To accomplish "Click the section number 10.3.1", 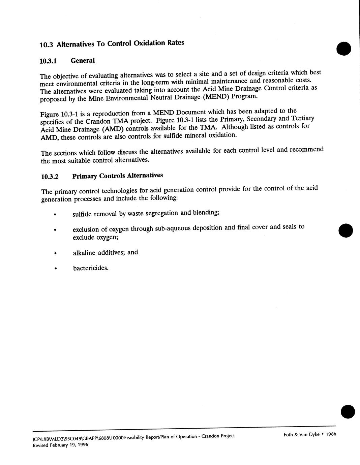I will tap(48, 61).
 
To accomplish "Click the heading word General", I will tap(83, 61).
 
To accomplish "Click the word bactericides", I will tap(91, 268).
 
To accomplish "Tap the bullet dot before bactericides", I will tap(56, 269).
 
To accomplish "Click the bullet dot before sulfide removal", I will tap(55, 215).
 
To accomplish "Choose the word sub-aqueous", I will tap(172, 228).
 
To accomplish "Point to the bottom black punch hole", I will tap(348, 411).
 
